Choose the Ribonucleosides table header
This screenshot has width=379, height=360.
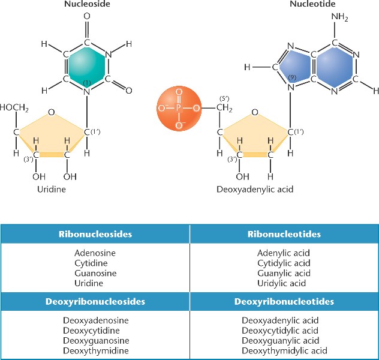pyautogui.click(x=95, y=233)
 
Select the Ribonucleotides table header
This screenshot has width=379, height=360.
pyautogui.click(x=284, y=233)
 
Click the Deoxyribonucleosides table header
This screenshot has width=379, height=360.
pyautogui.click(x=95, y=301)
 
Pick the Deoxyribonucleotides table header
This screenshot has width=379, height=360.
pyautogui.click(x=284, y=301)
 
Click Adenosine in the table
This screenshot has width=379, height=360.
pyautogui.click(x=95, y=253)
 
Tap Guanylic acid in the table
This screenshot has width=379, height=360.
pyautogui.click(x=284, y=273)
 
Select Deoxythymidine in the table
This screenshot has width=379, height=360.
pyautogui.click(x=95, y=350)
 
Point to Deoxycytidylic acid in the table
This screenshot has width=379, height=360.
pyautogui.click(x=284, y=331)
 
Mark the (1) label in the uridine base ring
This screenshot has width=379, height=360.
pyautogui.click(x=88, y=82)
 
